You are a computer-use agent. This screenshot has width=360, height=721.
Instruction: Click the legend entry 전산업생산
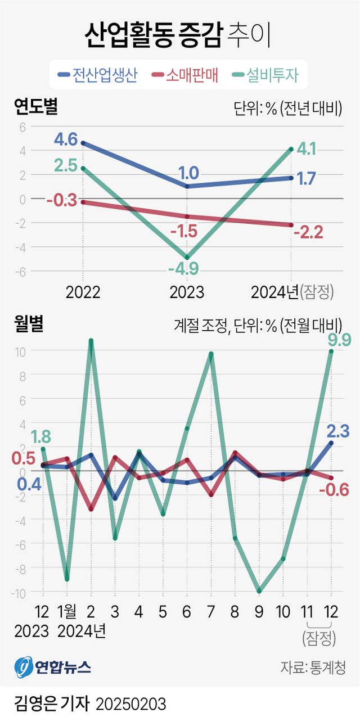pyautogui.click(x=97, y=75)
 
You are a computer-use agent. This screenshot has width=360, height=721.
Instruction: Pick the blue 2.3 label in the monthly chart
pyautogui.click(x=338, y=431)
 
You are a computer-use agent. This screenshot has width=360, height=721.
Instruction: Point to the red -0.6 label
pyautogui.click(x=334, y=489)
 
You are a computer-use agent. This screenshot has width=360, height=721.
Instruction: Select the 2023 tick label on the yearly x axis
pyautogui.click(x=187, y=292)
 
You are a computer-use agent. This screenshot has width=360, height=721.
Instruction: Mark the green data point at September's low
pyautogui.click(x=259, y=591)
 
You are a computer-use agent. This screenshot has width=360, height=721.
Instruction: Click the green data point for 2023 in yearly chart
pyautogui.click(x=187, y=257)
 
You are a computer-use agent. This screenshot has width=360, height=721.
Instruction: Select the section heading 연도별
pyautogui.click(x=36, y=107)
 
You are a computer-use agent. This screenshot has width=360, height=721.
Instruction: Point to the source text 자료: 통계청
pyautogui.click(x=312, y=667)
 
